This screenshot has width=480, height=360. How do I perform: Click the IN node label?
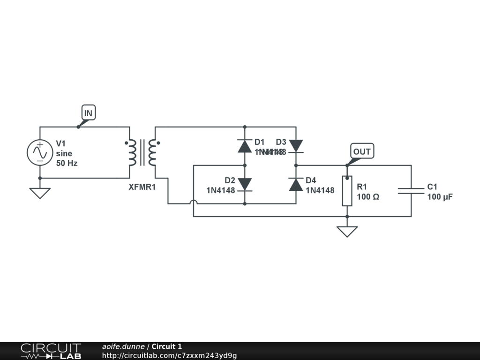tap(88, 113)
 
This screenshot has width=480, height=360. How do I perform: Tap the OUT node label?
tap(362, 151)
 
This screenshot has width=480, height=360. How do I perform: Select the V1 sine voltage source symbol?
tap(40, 152)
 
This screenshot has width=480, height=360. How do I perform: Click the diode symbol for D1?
tap(245, 146)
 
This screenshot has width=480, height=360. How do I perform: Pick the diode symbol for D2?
tap(245, 184)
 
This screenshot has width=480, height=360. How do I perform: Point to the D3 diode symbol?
tap(296, 146)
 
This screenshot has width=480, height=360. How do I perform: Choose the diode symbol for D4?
tap(296, 184)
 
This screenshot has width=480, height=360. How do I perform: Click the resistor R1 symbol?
tap(347, 191)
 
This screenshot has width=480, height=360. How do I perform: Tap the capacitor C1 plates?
tap(411, 190)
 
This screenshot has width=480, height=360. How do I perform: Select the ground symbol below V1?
tap(40, 193)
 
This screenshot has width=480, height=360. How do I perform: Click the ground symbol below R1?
tap(347, 231)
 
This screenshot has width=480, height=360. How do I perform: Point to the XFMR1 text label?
tap(142, 187)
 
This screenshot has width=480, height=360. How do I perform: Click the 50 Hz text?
tap(67, 164)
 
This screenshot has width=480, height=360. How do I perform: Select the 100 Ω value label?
tap(368, 197)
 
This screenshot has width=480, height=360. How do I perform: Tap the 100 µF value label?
tap(440, 197)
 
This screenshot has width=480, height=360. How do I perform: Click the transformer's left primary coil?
tap(130, 153)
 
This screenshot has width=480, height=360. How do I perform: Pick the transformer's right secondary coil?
tap(152, 153)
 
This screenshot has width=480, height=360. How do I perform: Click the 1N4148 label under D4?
tap(320, 190)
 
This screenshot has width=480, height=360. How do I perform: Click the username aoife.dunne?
tap(123, 346)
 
